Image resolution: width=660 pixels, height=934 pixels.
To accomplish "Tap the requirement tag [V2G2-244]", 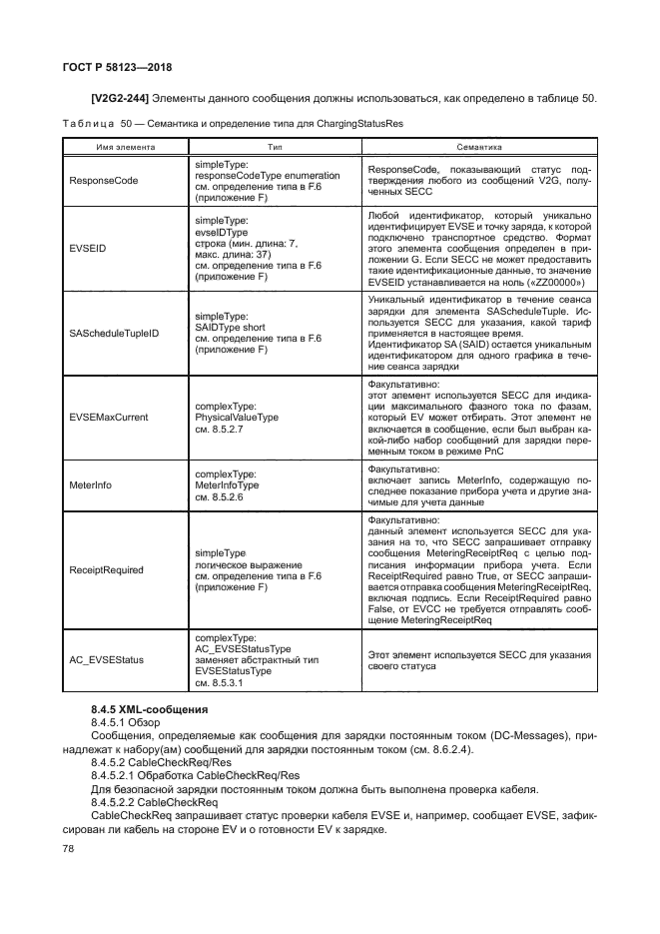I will point(121,98).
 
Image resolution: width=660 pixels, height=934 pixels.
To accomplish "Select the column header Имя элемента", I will point(125,146).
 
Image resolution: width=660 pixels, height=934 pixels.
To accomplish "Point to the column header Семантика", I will point(478,146).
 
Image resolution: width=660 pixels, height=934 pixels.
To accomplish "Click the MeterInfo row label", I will point(91,484).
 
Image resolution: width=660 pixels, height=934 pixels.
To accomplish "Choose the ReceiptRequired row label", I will point(107,570).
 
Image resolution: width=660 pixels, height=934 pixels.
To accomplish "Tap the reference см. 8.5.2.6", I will point(225,496).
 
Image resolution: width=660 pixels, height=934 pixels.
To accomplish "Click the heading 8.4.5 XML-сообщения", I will point(149,708).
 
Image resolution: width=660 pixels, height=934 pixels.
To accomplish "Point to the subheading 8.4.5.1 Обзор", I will point(126,721).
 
